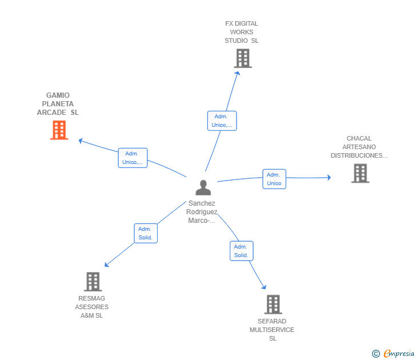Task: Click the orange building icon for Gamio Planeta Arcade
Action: tap(59, 130)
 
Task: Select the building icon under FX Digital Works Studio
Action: tap(243, 58)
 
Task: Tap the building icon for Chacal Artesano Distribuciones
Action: tap(360, 173)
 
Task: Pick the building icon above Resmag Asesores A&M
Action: tap(93, 282)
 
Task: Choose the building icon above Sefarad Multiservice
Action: tap(273, 305)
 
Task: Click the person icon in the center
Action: tap(203, 187)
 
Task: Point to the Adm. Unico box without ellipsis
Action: tap(274, 179)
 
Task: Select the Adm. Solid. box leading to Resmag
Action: tap(146, 233)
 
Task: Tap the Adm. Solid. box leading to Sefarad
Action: tap(241, 251)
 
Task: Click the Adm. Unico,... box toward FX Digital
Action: tap(222, 121)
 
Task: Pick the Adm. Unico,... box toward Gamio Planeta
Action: tap(133, 158)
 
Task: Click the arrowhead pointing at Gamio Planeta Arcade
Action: tap(81, 141)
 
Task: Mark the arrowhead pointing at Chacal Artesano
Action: tap(329, 178)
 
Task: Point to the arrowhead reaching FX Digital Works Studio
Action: tap(237, 74)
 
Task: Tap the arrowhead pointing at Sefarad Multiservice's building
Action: tap(264, 287)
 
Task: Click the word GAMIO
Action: tap(58, 95)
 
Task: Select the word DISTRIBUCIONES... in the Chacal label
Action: tap(359, 155)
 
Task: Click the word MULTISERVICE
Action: tap(272, 330)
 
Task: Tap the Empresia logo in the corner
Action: tap(393, 353)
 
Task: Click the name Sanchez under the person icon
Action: tap(202, 203)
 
